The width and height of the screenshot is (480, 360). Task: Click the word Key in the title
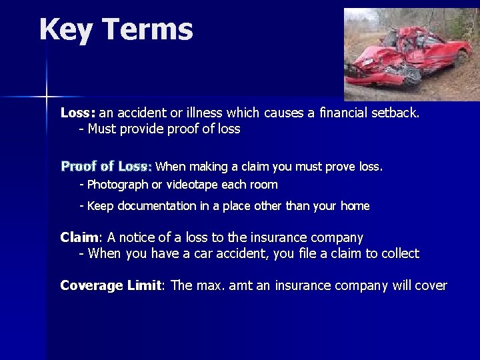point(65,30)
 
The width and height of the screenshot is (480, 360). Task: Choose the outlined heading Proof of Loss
point(107,166)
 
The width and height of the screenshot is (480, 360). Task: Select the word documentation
point(157,206)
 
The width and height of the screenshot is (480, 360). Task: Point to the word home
point(355,206)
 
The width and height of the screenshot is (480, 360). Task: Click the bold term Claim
point(79,237)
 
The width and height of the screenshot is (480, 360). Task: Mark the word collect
point(399,253)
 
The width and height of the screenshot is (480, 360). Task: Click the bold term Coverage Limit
point(111,285)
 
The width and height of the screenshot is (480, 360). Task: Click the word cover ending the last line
point(430,286)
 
